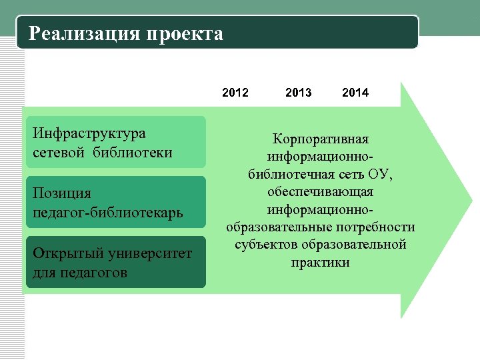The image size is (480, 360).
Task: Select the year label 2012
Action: pyautogui.click(x=235, y=93)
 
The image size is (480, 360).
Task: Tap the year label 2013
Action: pyautogui.click(x=298, y=93)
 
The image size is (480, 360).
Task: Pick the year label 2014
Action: pyautogui.click(x=355, y=93)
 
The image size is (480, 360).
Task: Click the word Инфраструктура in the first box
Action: pyautogui.click(x=89, y=133)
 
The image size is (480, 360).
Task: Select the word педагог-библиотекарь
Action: pyautogui.click(x=107, y=213)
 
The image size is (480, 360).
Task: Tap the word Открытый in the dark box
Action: pyautogui.click(x=67, y=253)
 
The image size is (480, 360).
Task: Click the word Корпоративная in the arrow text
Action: pyautogui.click(x=321, y=140)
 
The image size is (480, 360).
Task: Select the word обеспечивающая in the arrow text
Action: pyautogui.click(x=321, y=192)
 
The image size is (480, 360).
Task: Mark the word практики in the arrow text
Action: pyautogui.click(x=321, y=262)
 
